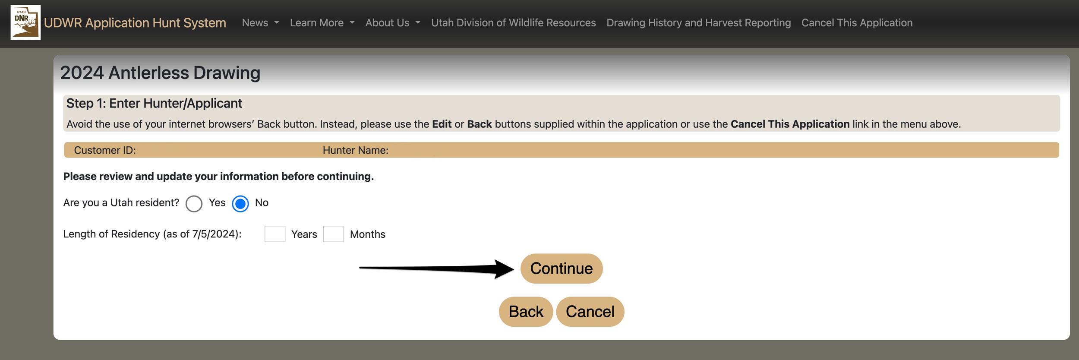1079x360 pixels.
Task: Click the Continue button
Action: point(561,268)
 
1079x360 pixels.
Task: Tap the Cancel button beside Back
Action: point(590,312)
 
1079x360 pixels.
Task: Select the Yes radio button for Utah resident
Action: point(194,203)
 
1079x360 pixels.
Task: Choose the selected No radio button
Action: point(240,203)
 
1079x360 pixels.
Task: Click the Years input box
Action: point(275,234)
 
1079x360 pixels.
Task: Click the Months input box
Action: point(333,234)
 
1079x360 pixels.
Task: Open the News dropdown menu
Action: point(260,23)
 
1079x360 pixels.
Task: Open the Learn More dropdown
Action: point(322,23)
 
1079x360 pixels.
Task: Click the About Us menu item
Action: point(392,23)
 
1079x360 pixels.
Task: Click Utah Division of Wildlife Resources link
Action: point(513,23)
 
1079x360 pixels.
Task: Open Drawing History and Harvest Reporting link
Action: point(698,23)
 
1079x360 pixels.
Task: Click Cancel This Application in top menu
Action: point(857,23)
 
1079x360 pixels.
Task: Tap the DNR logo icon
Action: point(25,22)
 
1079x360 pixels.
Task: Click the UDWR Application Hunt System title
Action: point(135,23)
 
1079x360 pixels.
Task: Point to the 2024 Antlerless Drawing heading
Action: point(160,73)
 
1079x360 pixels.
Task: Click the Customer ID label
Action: point(105,150)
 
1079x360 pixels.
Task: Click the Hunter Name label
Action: point(355,150)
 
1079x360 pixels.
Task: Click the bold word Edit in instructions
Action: point(442,124)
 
